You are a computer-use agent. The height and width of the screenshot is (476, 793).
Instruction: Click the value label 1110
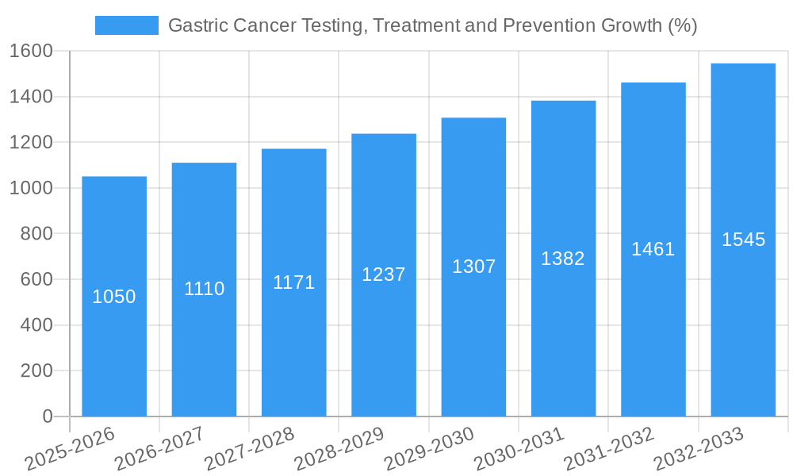coord(205,289)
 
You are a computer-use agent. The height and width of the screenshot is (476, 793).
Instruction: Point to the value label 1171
coord(294,282)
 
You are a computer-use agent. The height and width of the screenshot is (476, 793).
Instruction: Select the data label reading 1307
coord(473,267)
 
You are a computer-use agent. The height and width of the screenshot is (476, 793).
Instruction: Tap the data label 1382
coord(563,259)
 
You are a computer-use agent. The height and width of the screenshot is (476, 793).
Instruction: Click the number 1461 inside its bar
coord(653,249)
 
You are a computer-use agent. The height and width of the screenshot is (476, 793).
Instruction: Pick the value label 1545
coord(743,240)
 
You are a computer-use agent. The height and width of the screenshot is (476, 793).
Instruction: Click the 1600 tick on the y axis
coord(31,52)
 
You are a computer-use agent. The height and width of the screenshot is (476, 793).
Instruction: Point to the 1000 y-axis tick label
coord(31,189)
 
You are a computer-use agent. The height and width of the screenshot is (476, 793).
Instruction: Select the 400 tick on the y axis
coord(36,325)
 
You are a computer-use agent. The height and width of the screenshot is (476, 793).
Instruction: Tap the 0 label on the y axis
coord(47,416)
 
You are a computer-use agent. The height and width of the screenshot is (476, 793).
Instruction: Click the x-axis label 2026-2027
coord(159,448)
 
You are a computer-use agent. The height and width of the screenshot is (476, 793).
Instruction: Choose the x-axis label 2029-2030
coord(429,448)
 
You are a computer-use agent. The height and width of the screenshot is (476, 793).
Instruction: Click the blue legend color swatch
coord(127,25)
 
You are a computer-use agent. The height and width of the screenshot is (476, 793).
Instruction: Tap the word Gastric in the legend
coord(198,25)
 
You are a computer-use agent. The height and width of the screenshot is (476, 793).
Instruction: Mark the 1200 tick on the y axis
coord(31,143)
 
